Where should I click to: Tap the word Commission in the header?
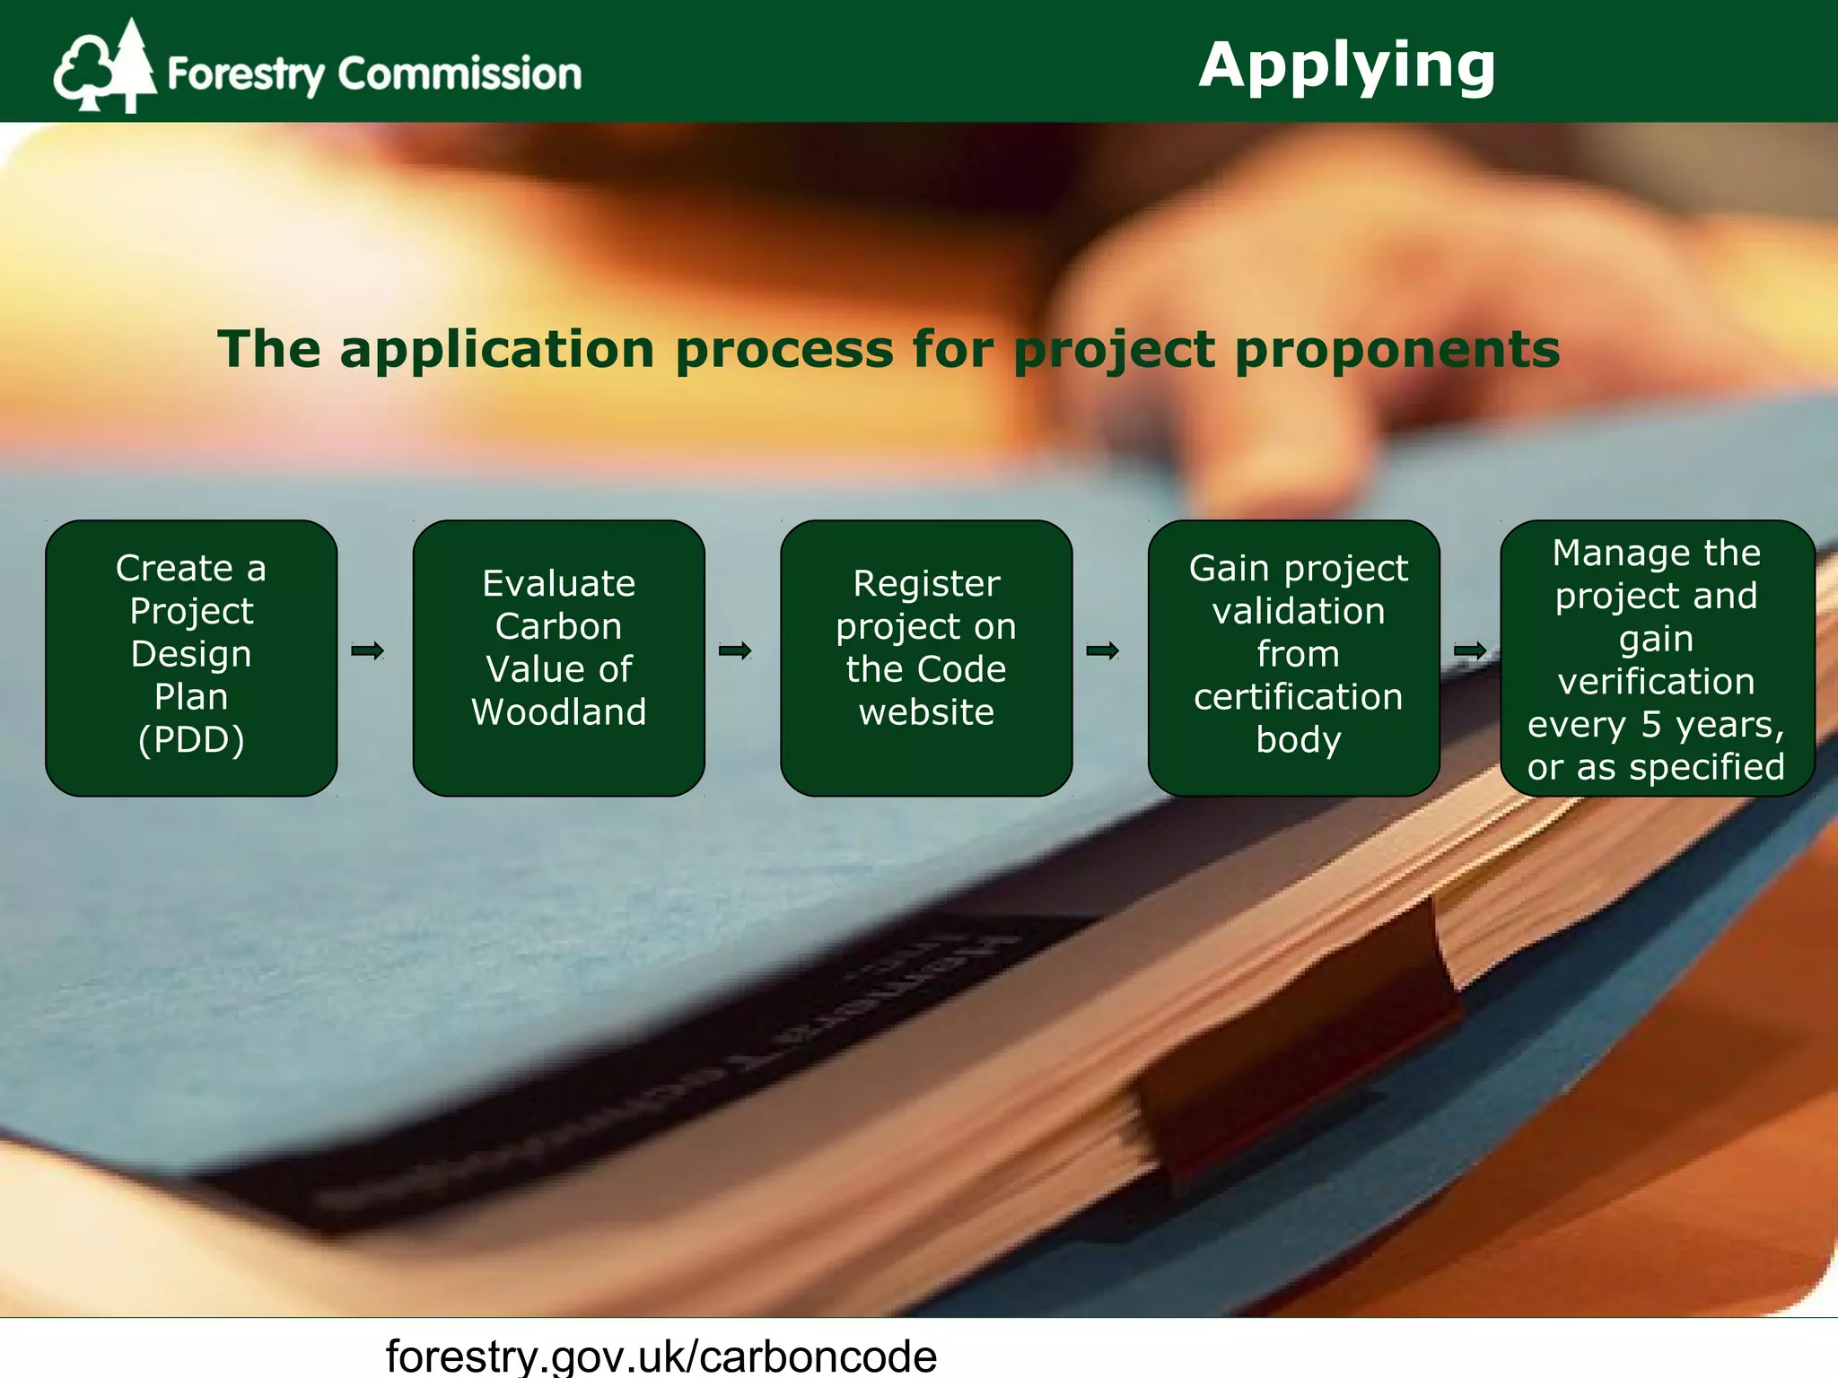(x=459, y=74)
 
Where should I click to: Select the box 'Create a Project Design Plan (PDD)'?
(x=191, y=658)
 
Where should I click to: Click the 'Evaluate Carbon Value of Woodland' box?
(x=558, y=658)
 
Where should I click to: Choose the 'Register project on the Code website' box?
(x=926, y=658)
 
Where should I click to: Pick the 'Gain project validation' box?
(x=1293, y=658)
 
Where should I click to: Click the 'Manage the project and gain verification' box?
(x=1657, y=658)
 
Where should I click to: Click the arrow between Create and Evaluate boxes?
(x=367, y=650)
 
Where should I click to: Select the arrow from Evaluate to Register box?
(x=735, y=650)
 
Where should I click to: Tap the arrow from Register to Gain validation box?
(x=1102, y=650)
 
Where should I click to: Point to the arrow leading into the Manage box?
(x=1470, y=650)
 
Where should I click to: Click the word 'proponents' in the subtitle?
(x=1397, y=350)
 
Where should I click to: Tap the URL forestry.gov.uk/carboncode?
(x=661, y=1355)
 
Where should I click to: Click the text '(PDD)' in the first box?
(x=191, y=740)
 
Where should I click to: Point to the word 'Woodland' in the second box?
(x=558, y=712)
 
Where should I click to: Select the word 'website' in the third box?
(x=926, y=712)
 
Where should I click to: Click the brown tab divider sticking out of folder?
(x=1292, y=1059)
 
